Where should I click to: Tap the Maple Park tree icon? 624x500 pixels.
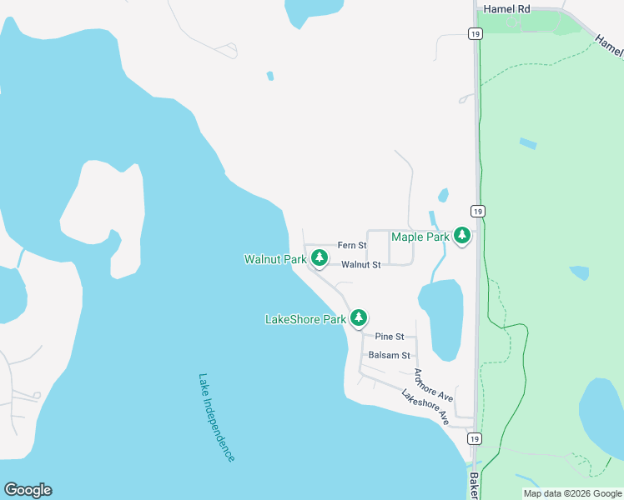(x=461, y=237)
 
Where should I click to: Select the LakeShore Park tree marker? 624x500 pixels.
(x=359, y=317)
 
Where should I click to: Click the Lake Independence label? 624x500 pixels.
(x=217, y=417)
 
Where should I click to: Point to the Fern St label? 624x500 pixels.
(x=351, y=246)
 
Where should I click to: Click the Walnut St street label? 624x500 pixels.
(x=360, y=265)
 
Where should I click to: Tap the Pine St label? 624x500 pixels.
(x=389, y=337)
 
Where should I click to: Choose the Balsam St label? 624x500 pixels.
(x=389, y=355)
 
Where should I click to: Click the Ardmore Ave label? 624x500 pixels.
(x=433, y=382)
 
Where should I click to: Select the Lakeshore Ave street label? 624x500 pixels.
(x=425, y=407)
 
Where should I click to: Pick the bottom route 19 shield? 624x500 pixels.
(x=475, y=439)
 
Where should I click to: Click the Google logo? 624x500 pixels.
(x=28, y=490)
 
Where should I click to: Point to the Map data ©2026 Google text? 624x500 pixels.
(x=572, y=493)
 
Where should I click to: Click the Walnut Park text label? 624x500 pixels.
(x=275, y=260)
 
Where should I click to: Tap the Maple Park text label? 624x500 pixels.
(x=420, y=237)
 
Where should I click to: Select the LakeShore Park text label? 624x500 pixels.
(x=305, y=319)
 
